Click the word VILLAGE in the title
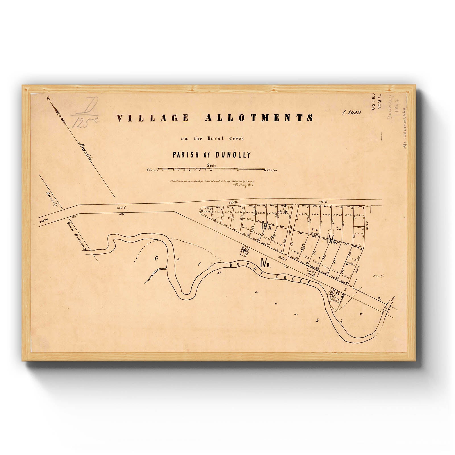[153, 118]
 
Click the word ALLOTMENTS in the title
[259, 118]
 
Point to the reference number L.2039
[352, 112]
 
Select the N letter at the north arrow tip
[49, 99]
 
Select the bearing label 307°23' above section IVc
[324, 202]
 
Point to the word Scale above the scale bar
[212, 165]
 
